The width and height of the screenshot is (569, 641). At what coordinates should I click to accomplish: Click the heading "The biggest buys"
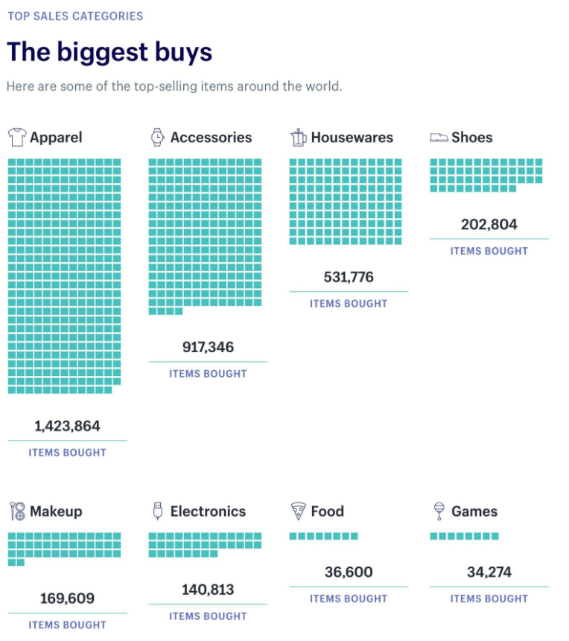click(x=109, y=52)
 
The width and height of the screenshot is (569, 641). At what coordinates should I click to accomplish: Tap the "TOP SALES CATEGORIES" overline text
click(x=75, y=16)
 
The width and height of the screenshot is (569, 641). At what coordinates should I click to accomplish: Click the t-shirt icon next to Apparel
click(x=16, y=137)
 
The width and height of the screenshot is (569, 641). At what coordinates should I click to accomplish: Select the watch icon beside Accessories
click(x=157, y=137)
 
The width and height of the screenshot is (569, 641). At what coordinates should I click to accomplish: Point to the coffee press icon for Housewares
click(x=298, y=137)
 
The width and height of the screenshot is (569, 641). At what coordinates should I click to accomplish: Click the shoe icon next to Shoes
click(x=439, y=138)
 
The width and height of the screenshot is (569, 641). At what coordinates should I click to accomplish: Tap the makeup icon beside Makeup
click(x=17, y=511)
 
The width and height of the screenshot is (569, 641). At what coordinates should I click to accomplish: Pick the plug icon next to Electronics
click(x=157, y=511)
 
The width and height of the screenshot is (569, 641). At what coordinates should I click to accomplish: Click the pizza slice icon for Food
click(x=298, y=511)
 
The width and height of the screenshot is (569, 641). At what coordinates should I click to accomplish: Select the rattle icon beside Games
click(x=439, y=511)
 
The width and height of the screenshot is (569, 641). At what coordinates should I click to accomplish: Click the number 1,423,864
click(x=67, y=426)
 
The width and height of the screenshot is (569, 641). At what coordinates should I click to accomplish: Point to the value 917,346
click(x=208, y=347)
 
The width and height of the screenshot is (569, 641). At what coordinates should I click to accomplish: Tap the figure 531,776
click(x=349, y=277)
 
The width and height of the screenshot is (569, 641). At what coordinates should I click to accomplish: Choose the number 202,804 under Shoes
click(x=489, y=224)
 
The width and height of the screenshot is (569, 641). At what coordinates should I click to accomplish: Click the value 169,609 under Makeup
click(x=67, y=598)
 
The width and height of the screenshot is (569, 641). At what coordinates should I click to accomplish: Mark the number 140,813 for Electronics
click(x=208, y=590)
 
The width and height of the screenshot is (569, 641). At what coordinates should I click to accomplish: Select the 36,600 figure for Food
click(x=349, y=572)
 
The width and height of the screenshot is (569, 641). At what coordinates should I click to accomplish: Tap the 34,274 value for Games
click(x=489, y=572)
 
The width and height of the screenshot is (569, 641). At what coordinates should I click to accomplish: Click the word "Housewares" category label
click(x=352, y=137)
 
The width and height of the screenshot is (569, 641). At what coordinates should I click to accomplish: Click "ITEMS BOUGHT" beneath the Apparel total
click(x=67, y=452)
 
